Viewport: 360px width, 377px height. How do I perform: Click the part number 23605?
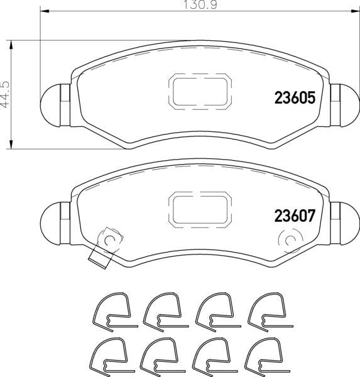(x=295, y=98)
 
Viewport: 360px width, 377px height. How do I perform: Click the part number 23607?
(x=295, y=216)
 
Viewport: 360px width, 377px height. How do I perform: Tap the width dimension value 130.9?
(x=200, y=5)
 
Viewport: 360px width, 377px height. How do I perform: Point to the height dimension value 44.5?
(x=5, y=94)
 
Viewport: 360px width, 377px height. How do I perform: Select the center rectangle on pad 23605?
(x=200, y=92)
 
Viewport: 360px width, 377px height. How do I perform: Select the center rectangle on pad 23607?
(x=200, y=210)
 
